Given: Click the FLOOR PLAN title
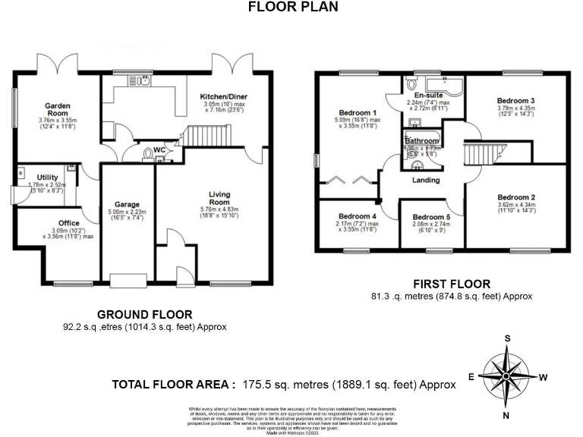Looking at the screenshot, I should click(292, 7).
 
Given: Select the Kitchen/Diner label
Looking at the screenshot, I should click(223, 96).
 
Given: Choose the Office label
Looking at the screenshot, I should click(68, 223).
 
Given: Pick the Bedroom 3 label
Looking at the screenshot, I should click(516, 100).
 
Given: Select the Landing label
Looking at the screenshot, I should click(426, 180).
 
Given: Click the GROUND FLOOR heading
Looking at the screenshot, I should click(144, 314).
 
